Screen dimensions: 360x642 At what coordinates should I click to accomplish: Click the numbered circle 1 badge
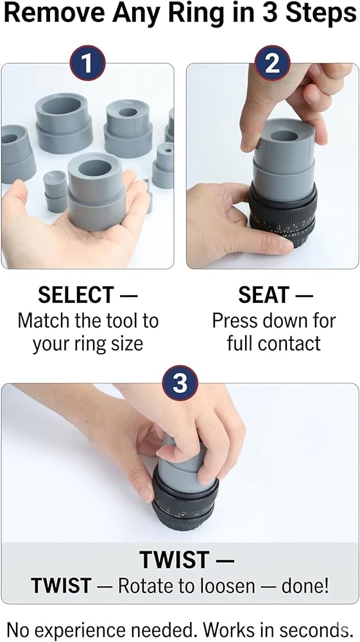tap(87, 63)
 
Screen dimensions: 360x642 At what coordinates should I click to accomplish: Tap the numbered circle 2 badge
tap(273, 63)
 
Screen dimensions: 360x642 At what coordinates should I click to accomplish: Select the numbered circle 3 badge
tap(180, 383)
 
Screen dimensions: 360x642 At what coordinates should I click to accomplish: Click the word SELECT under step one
tap(76, 295)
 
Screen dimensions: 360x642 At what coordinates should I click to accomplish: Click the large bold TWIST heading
tap(175, 560)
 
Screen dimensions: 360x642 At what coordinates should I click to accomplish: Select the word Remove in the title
tap(55, 13)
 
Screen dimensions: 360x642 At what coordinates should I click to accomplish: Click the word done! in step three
tap(305, 586)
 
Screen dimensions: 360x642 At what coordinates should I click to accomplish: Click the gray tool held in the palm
tap(96, 191)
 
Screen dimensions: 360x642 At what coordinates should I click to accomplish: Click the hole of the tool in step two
tap(284, 136)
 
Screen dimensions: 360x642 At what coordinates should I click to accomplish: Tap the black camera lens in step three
tap(185, 503)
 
